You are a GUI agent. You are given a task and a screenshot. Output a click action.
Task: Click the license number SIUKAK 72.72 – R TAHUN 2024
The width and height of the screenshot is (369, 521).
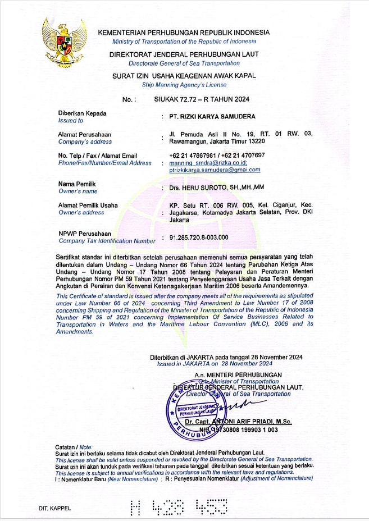202,99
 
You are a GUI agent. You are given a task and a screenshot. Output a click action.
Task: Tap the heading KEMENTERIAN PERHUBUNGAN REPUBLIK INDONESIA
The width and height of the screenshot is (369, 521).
184,33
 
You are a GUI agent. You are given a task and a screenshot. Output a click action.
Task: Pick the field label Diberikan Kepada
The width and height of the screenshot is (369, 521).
82,113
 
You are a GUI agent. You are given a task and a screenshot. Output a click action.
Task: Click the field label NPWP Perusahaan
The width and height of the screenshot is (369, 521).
85,234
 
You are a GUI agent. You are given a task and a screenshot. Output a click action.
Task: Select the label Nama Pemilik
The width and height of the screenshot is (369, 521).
77,184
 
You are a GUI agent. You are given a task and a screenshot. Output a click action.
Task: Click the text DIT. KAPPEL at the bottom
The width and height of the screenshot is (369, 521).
55,509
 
